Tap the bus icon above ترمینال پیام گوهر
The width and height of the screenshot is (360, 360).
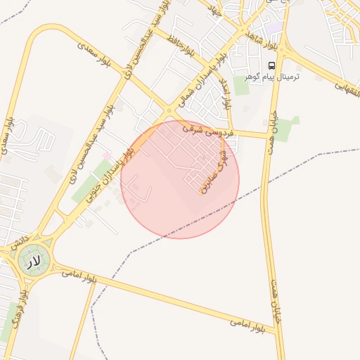click(272, 65)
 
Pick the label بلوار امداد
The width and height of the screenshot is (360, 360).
click(226, 93)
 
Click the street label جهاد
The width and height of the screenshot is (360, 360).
click(215, 10)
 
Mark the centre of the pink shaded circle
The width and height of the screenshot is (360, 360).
click(180, 179)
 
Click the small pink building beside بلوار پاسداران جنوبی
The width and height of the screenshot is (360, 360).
click(106, 155)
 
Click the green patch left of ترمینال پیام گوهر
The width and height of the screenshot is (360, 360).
click(242, 87)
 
